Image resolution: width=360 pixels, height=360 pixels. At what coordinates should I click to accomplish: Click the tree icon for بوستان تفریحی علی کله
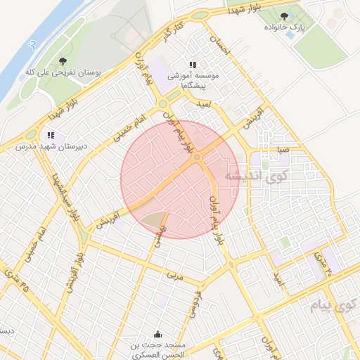point(63,61)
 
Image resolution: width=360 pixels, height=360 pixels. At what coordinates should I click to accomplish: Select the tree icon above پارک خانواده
point(284,15)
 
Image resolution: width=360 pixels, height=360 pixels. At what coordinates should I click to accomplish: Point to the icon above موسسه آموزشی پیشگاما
point(193,64)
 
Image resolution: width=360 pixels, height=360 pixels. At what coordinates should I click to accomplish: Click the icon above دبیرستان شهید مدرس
point(50,134)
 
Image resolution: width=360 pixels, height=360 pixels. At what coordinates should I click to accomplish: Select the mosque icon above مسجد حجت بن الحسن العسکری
point(157,333)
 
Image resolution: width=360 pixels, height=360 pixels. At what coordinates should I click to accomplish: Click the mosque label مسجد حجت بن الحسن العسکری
point(157,349)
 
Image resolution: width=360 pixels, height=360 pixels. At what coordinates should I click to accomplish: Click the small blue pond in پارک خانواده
point(290,34)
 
